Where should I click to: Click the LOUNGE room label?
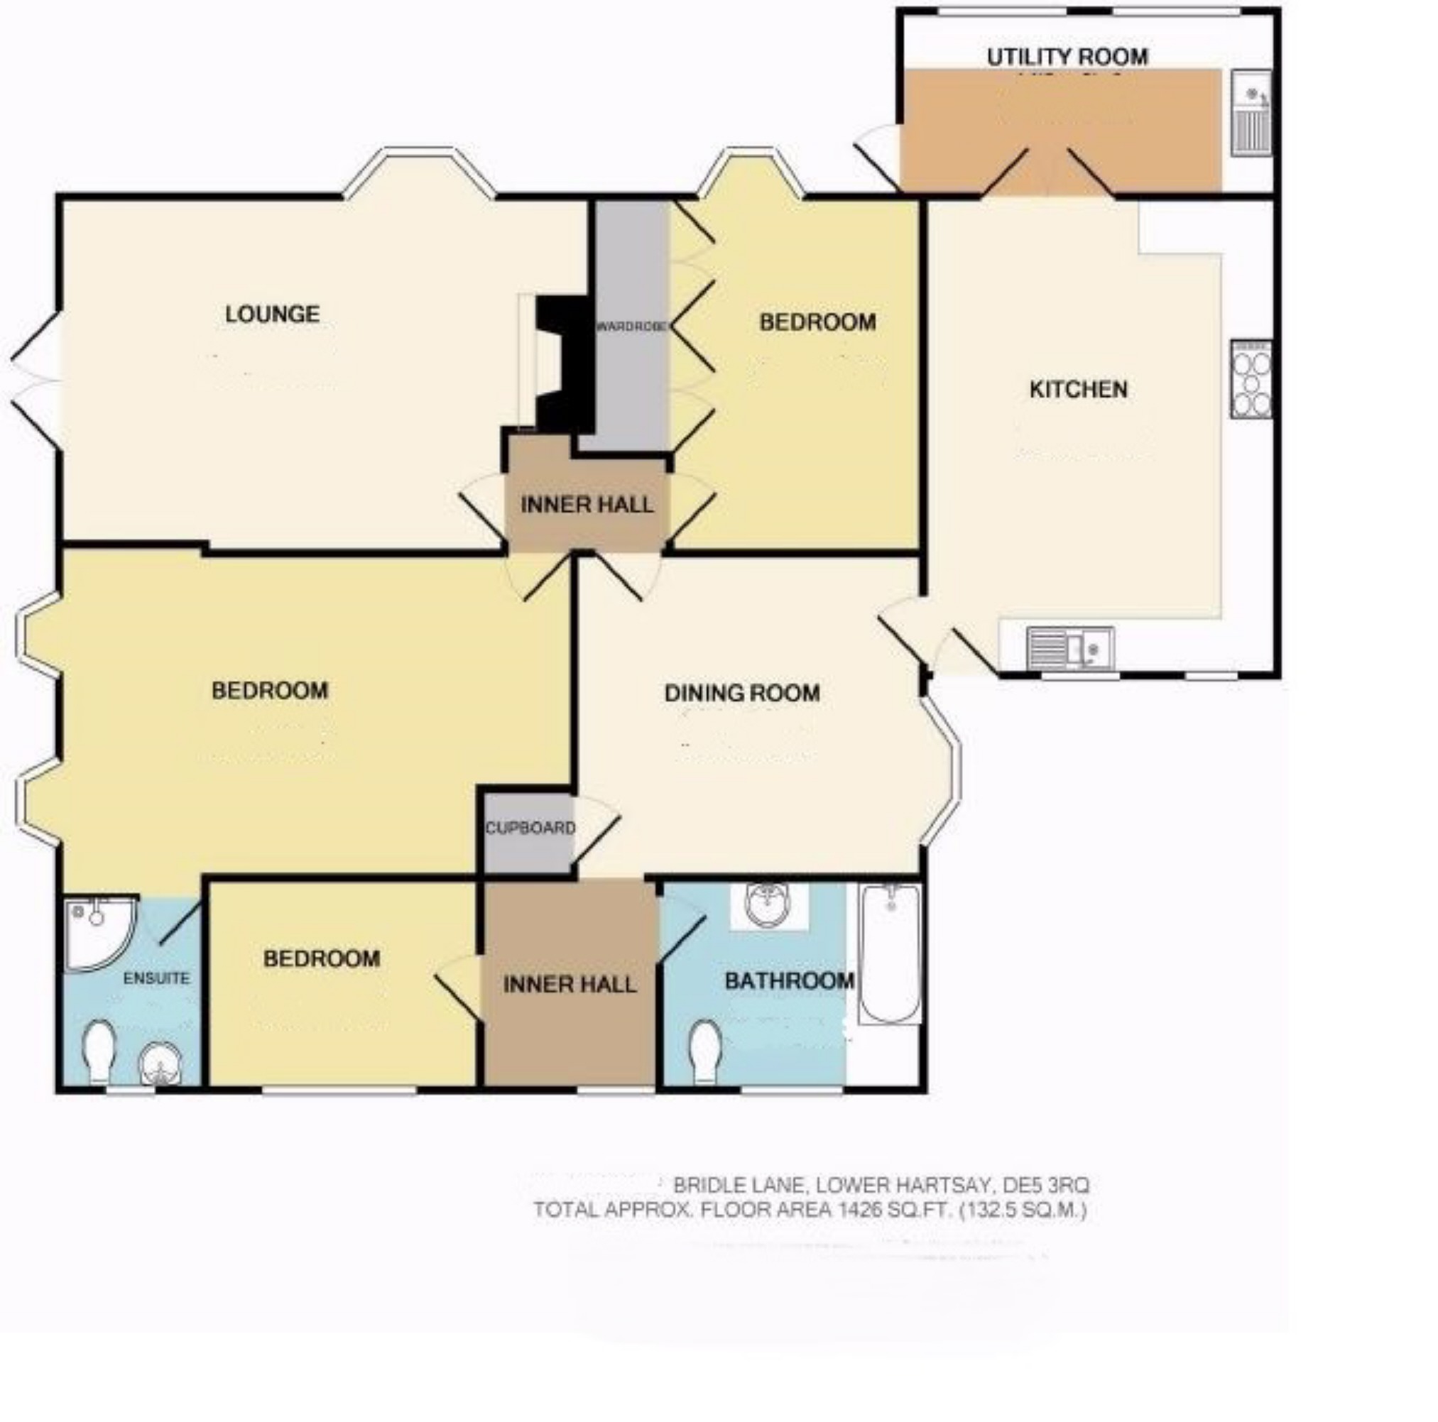tap(273, 314)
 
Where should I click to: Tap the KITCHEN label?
tap(1078, 389)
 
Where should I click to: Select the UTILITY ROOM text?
tap(1067, 58)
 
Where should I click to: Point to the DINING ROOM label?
tap(742, 694)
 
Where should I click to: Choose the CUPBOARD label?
tap(530, 828)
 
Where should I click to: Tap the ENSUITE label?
tap(156, 978)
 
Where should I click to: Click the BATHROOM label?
tap(789, 980)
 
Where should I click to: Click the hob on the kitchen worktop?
tap(1253, 379)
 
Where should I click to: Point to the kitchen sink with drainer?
tap(1069, 647)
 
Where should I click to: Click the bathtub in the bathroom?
tap(890, 953)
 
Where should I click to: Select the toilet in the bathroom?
tap(705, 1050)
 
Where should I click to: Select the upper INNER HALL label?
tap(587, 505)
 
